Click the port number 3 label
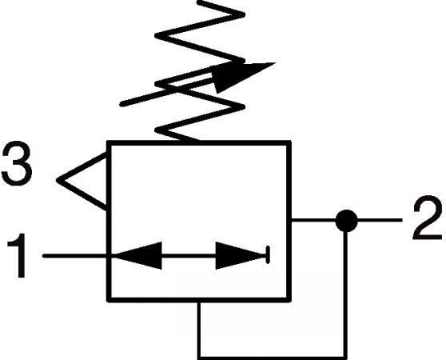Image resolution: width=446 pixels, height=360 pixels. tap(17, 163)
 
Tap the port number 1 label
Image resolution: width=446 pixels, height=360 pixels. tap(18, 255)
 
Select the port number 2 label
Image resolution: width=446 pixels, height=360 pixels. tap(428, 218)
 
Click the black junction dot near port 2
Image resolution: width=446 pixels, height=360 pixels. tap(346, 221)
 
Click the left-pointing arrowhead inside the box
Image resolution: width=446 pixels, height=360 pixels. tap(138, 255)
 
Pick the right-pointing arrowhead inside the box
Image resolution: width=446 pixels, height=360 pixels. tap(241, 255)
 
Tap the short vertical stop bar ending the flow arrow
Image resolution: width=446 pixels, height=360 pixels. tap(268, 255)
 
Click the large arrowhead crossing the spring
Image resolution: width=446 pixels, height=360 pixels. tap(241, 75)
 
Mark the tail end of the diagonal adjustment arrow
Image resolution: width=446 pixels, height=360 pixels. tap(121, 104)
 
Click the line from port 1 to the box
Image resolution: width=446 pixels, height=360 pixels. tap(75, 256)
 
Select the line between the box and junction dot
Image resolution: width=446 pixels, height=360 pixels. tap(313, 220)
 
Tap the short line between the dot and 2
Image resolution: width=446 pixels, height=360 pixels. tap(380, 220)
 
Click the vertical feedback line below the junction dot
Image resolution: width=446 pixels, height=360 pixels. tap(345, 294)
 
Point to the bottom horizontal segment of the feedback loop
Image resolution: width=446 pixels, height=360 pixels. tap(273, 357)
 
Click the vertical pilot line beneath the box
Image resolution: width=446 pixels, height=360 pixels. tap(199, 329)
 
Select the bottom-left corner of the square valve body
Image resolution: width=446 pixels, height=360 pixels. tap(109, 300)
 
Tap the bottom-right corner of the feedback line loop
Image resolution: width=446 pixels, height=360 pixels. tap(345, 357)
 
